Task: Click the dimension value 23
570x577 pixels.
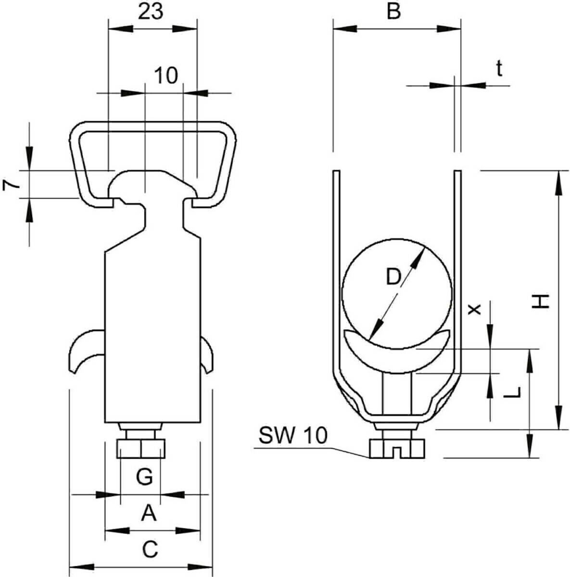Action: click(x=151, y=12)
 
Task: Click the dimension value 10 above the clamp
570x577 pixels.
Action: click(x=166, y=75)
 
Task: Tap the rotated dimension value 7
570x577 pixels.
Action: click(x=10, y=185)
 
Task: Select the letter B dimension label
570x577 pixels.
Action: click(x=394, y=12)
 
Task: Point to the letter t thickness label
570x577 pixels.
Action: click(x=499, y=69)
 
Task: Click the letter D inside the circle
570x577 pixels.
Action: click(x=393, y=276)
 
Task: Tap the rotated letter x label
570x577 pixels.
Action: click(x=474, y=309)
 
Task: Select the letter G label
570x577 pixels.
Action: click(x=145, y=477)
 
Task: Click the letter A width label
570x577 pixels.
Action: click(x=149, y=513)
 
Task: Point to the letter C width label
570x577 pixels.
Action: click(x=150, y=549)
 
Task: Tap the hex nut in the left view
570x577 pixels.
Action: click(x=141, y=449)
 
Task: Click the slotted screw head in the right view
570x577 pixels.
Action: click(x=397, y=448)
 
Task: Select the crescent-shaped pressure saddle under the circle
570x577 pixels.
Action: click(x=397, y=351)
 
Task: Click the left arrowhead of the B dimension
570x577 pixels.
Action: click(x=345, y=29)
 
